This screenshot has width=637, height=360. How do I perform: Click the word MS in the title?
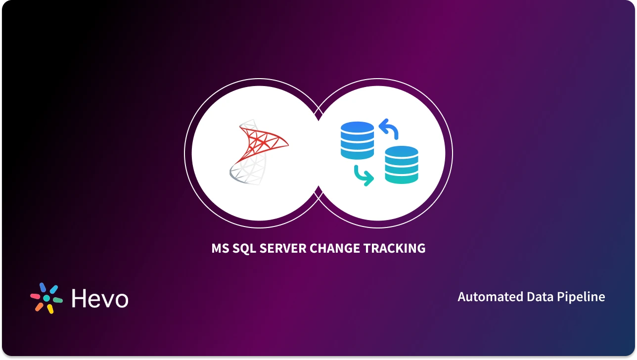pos(220,248)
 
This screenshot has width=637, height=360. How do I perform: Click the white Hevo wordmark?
pos(100,298)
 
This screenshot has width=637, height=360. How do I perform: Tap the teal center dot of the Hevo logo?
pos(46,298)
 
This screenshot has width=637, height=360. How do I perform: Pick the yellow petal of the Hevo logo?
pos(50,309)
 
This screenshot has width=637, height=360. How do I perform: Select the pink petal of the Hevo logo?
pos(35,296)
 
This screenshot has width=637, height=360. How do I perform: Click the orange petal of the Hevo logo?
pos(39,307)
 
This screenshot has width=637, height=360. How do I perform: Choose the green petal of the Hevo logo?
pos(57,300)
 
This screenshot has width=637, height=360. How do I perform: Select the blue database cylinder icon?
pos(357,140)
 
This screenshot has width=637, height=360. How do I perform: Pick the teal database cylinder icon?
pos(402,165)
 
